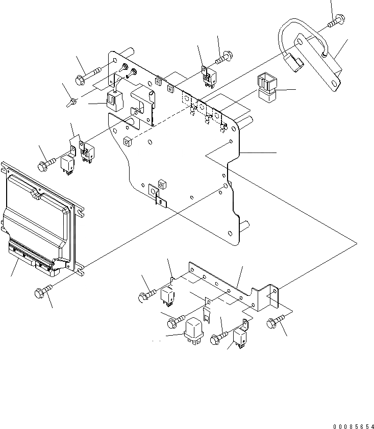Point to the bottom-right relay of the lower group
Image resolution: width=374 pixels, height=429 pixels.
pyautogui.click(x=240, y=337)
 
